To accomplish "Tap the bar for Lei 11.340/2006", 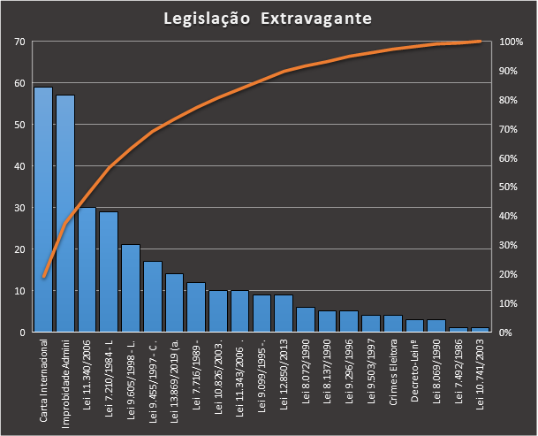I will (x=87, y=270).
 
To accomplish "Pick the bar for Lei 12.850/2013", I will (x=284, y=313).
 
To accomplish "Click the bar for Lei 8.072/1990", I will (x=306, y=319).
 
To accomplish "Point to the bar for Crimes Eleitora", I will (x=392, y=324).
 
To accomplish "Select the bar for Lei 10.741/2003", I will (x=480, y=330).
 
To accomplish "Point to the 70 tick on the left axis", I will (x=19, y=42).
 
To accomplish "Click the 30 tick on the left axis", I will (x=19, y=208).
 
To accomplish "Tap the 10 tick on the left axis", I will (x=19, y=291).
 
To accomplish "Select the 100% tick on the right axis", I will (x=511, y=42).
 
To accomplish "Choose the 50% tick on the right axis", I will (x=509, y=187).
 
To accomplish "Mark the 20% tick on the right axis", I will (x=509, y=274).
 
